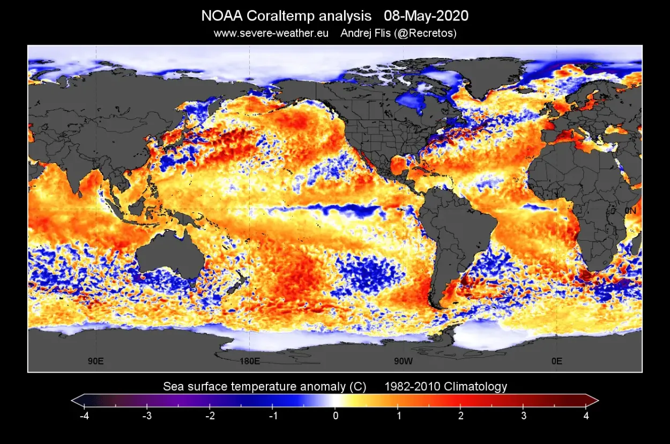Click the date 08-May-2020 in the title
pyautogui.click(x=426, y=16)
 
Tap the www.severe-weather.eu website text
pyautogui.click(x=271, y=33)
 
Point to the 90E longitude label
pyautogui.click(x=96, y=361)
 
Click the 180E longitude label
pyautogui.click(x=249, y=361)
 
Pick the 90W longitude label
pyautogui.click(x=403, y=361)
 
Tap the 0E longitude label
pyautogui.click(x=557, y=361)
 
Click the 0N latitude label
pyautogui.click(x=630, y=211)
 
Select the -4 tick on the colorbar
pyautogui.click(x=84, y=416)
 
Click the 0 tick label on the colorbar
pyautogui.click(x=335, y=416)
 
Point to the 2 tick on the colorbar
pyautogui.click(x=461, y=416)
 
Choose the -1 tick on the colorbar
pyautogui.click(x=272, y=416)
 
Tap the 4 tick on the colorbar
pyautogui.click(x=586, y=416)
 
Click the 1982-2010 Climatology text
pyautogui.click(x=445, y=386)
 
